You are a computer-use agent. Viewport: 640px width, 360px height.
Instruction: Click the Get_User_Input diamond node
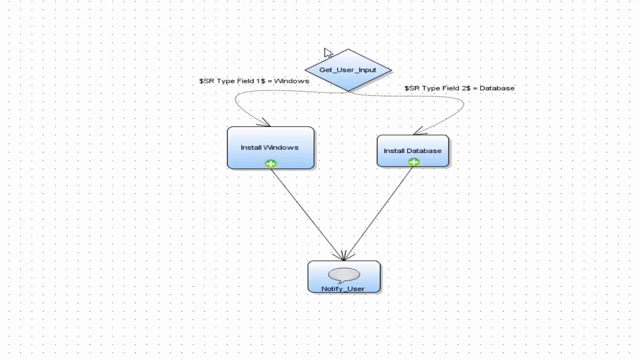348,70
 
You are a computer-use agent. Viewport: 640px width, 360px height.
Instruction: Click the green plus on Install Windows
270,163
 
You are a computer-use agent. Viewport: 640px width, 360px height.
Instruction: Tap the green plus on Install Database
413,162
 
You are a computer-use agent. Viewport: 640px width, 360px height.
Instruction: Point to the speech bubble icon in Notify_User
344,274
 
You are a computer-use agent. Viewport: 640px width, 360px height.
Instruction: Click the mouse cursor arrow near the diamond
327,53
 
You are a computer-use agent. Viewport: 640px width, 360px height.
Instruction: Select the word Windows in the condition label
291,81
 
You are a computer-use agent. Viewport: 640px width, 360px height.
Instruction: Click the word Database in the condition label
496,88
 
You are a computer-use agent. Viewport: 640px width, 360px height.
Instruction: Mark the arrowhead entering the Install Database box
419,132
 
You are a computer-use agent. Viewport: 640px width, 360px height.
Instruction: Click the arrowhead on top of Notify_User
344,256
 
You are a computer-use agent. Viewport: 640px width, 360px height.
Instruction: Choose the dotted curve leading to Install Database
462,105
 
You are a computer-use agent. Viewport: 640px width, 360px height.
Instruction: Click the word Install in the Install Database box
392,151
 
